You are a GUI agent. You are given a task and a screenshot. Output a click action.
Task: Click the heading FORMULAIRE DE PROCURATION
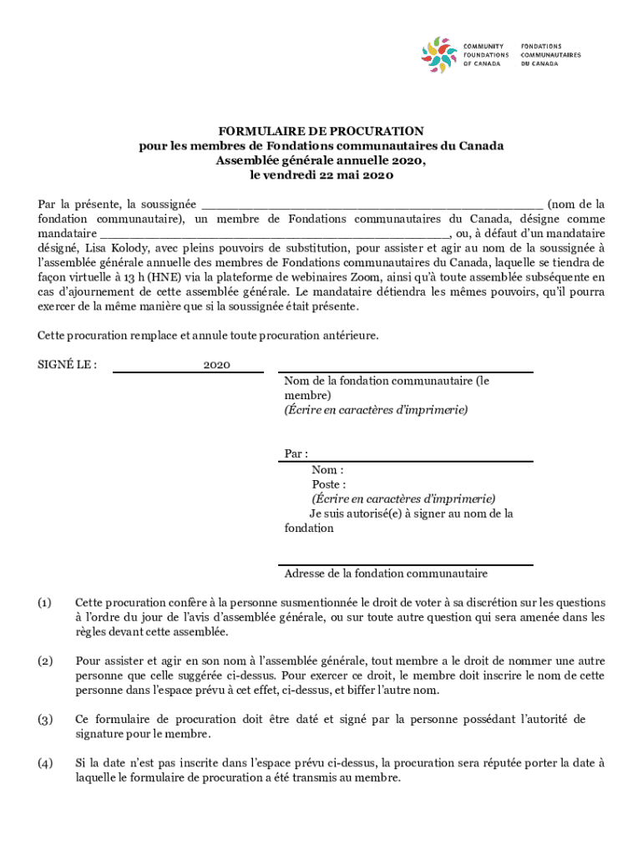(321, 131)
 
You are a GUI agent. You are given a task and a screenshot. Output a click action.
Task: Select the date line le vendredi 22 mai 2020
(321, 175)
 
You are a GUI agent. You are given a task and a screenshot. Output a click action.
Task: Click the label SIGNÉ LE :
(68, 365)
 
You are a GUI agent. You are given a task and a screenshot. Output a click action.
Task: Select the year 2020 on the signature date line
(216, 365)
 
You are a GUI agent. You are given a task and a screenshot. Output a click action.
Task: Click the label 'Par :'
(296, 453)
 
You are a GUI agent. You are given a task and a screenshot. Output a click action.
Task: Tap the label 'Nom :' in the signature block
(328, 469)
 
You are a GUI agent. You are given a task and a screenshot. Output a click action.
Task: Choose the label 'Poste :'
(329, 484)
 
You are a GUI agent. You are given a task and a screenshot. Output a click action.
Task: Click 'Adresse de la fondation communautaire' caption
(386, 574)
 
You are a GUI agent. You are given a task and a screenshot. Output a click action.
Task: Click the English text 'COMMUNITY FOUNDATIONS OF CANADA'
(485, 54)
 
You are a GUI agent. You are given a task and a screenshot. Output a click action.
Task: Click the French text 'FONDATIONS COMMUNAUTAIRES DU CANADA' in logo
(551, 54)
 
